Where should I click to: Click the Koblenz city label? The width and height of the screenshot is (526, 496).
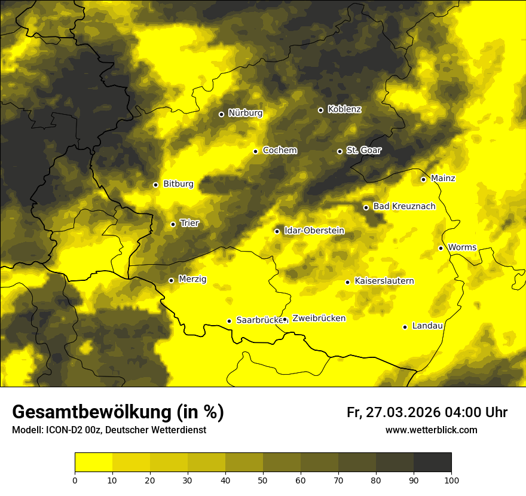tap(344, 109)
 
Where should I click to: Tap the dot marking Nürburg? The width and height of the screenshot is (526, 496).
tap(221, 114)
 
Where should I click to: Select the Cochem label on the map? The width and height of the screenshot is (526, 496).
tap(279, 151)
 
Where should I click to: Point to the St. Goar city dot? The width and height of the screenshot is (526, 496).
tap(340, 151)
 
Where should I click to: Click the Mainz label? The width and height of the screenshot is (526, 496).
tap(443, 179)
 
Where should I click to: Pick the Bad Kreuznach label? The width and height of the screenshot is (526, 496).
tap(404, 207)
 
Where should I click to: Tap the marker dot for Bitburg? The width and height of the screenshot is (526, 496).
tap(155, 185)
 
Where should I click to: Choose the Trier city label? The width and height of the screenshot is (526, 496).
tap(189, 223)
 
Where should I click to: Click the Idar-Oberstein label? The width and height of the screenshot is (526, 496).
tap(314, 231)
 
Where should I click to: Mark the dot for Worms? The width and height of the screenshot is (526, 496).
tap(441, 248)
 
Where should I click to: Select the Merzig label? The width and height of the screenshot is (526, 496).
tap(192, 279)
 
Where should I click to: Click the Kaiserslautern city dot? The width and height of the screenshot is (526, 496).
tap(347, 282)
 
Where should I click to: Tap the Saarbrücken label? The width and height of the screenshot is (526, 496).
tap(259, 320)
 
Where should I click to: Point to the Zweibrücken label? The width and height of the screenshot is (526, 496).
tap(319, 319)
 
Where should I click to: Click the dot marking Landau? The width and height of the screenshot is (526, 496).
tap(405, 327)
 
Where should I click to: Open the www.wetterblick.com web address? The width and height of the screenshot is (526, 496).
tap(431, 430)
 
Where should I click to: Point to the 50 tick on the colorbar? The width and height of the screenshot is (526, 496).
tap(263, 480)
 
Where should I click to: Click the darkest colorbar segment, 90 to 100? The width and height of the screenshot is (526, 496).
tap(432, 463)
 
